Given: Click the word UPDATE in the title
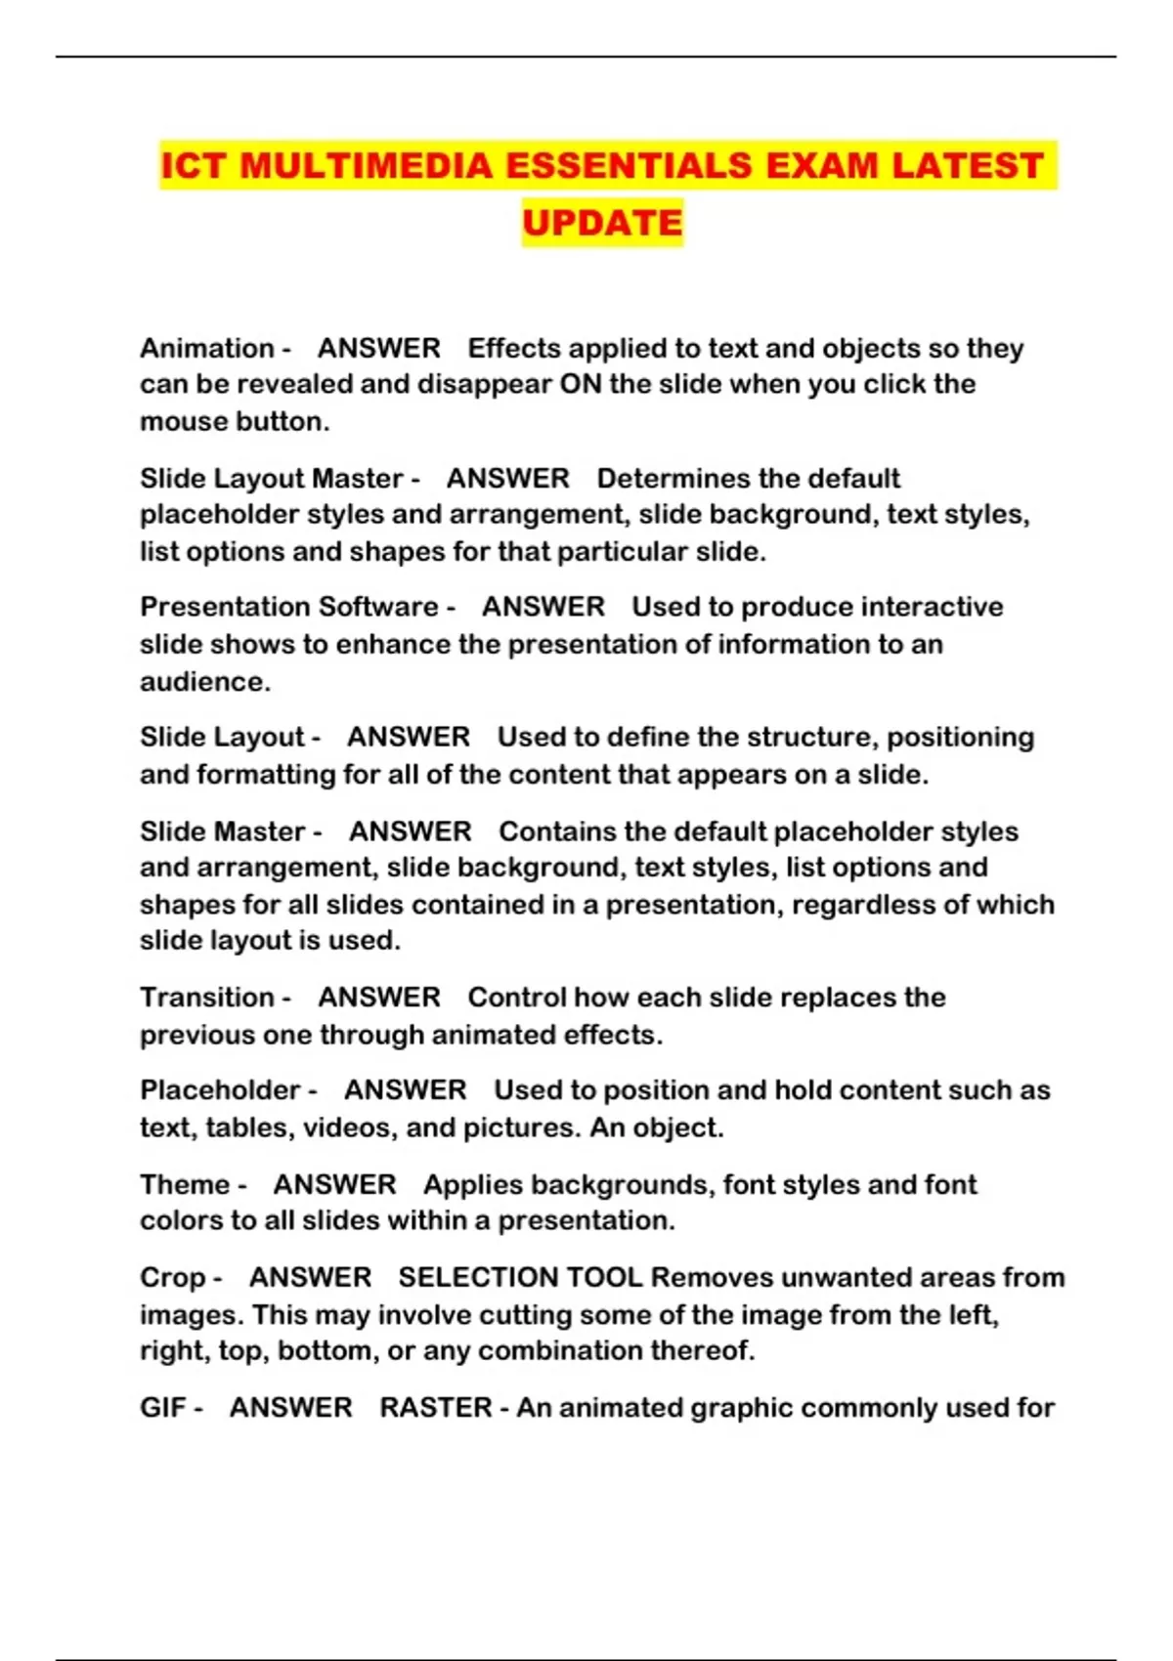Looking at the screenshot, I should [x=602, y=223].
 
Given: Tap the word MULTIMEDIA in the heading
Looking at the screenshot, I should [x=367, y=165].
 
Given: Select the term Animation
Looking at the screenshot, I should [x=207, y=348].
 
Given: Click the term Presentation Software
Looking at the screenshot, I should [x=289, y=607].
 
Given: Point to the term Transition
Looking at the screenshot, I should [x=207, y=998].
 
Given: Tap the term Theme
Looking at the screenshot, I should [x=185, y=1184].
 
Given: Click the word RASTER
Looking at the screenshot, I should [x=436, y=1408].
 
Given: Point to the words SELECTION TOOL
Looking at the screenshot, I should [x=520, y=1278].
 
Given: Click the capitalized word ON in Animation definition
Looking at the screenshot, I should [x=581, y=384].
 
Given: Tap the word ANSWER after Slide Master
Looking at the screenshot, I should [x=411, y=831].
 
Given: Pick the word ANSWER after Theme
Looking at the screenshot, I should [x=334, y=1184].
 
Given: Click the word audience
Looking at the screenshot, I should [x=202, y=682].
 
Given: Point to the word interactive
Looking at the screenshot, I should [x=933, y=607].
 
